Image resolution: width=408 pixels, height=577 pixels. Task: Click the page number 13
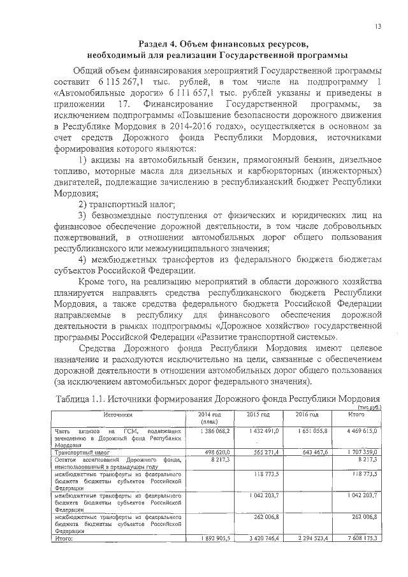pos(378,26)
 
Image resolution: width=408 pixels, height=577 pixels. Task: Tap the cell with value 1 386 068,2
pos(211,432)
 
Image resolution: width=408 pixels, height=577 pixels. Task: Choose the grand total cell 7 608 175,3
pos(361,539)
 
